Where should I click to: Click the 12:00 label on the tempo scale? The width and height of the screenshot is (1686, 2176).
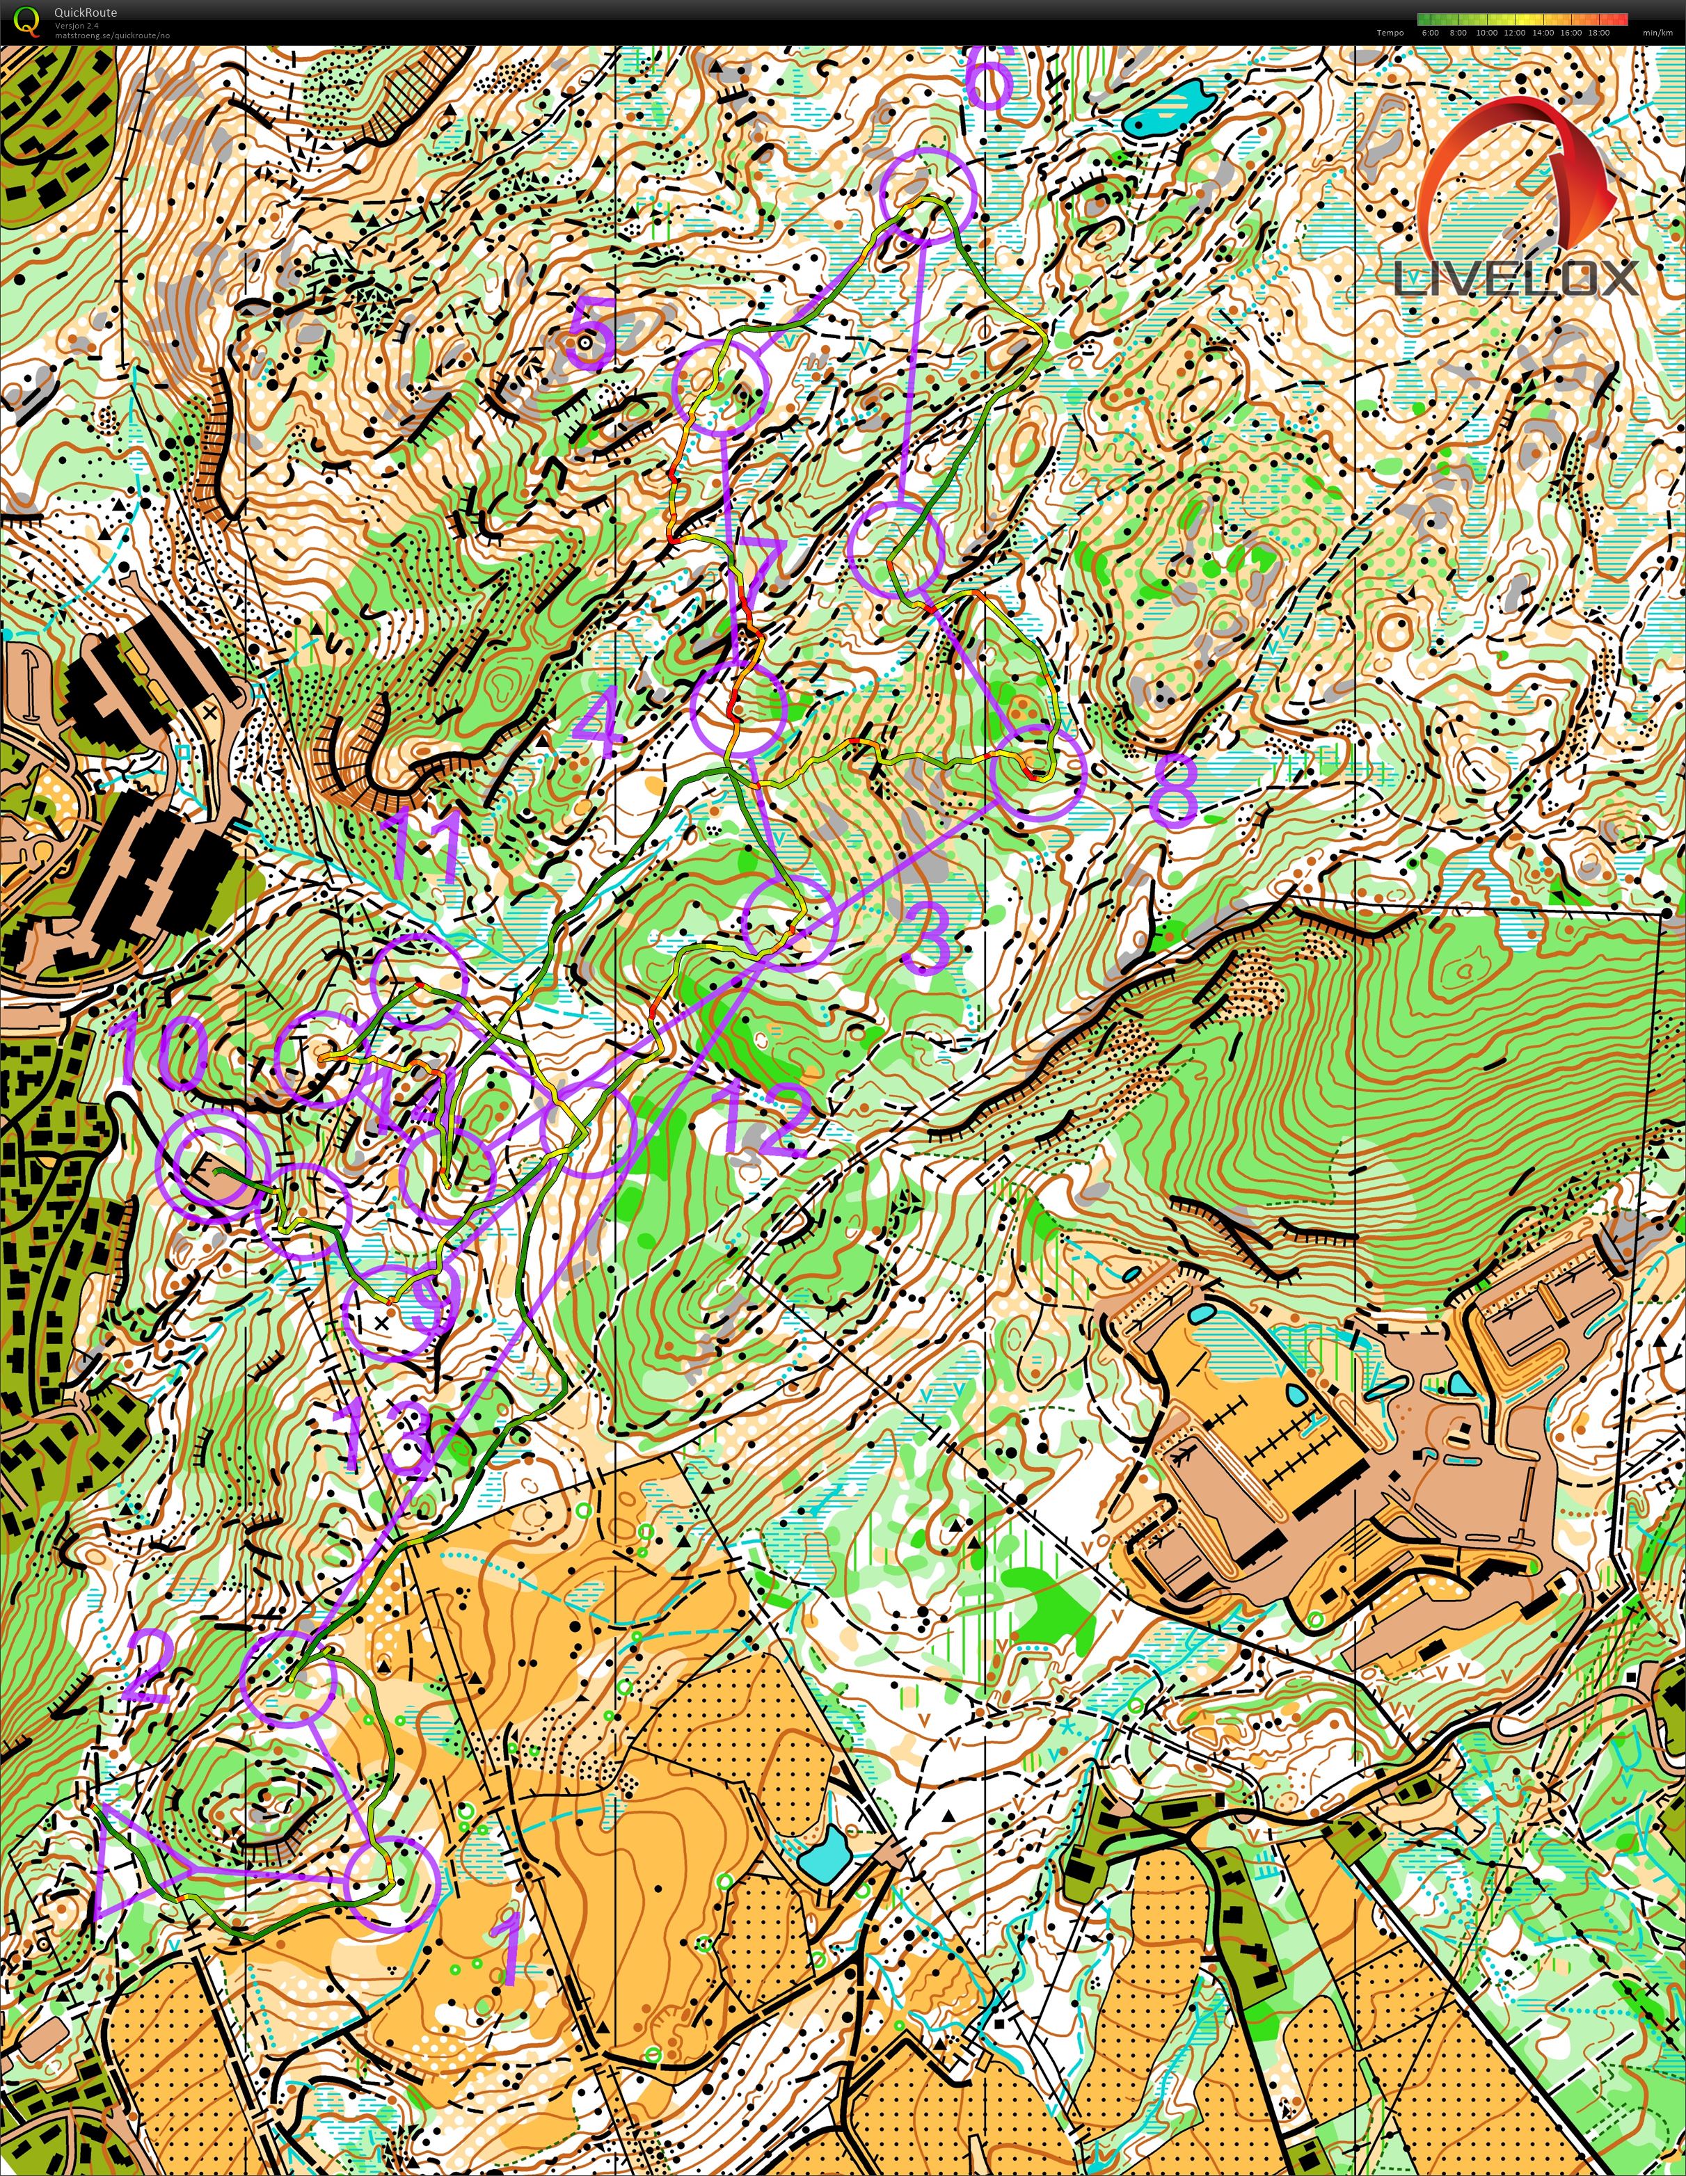1515,33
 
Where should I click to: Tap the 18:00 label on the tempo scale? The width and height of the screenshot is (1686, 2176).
1598,33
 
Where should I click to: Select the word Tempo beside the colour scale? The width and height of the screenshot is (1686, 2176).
1390,33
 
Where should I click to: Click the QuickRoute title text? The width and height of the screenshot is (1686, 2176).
85,12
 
